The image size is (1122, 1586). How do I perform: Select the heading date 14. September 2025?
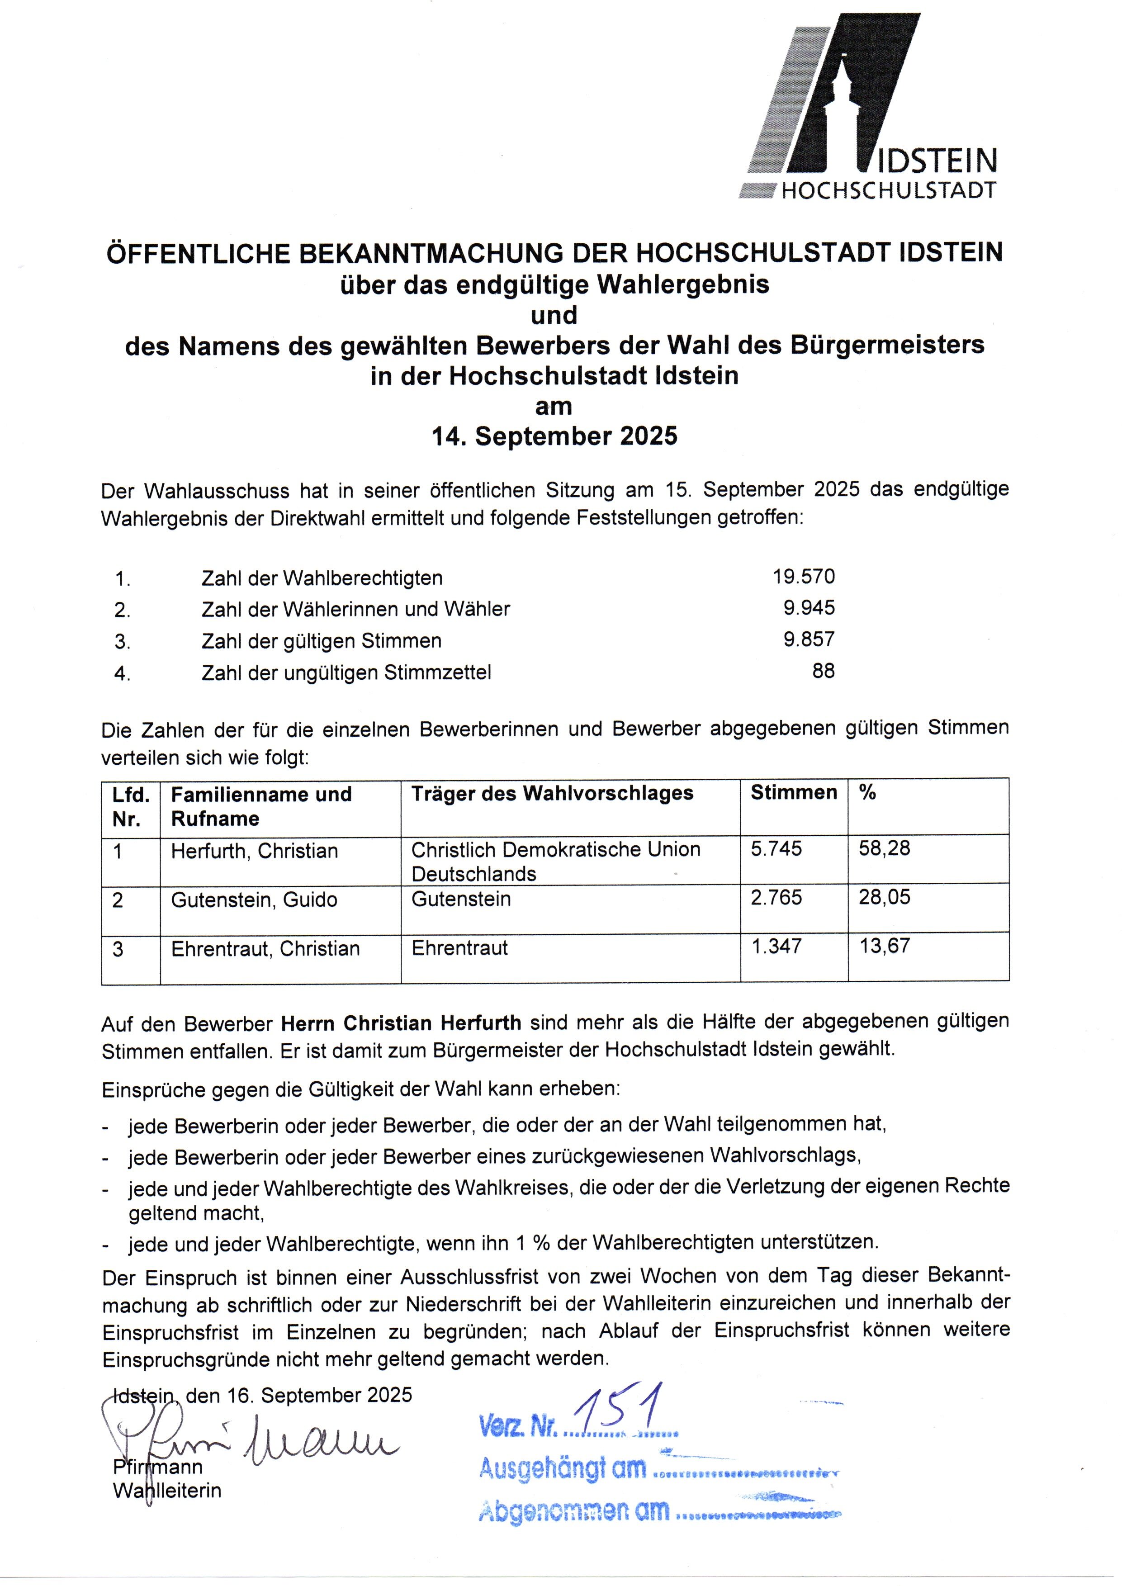click(x=554, y=436)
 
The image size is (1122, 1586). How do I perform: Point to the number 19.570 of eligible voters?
click(x=804, y=576)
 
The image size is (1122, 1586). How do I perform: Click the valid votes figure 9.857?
click(x=808, y=639)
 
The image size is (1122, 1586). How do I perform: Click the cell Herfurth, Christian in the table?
click(x=254, y=851)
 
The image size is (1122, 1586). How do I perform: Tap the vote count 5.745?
click(x=776, y=849)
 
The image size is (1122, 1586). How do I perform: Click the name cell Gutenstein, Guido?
click(x=254, y=900)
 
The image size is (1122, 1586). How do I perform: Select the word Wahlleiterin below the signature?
click(x=167, y=1491)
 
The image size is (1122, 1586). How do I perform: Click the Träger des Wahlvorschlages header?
click(x=552, y=793)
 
